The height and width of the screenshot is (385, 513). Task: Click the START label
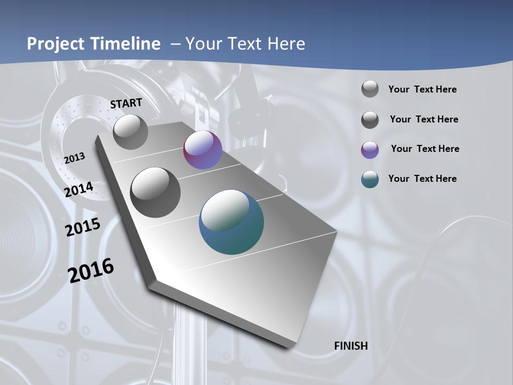coord(126,103)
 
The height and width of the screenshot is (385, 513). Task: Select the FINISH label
coord(351,346)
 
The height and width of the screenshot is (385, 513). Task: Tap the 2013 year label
coord(74,158)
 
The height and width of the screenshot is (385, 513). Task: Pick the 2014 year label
coord(79,189)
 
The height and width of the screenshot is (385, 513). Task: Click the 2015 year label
coord(83,227)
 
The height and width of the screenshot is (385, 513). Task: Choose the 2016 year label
coord(91,271)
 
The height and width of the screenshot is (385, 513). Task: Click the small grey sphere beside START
coord(130,132)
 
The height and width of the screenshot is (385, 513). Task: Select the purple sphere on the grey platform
coord(203,150)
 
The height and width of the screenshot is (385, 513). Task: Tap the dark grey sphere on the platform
coord(156,192)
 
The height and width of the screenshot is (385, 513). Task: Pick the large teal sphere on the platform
coord(231,222)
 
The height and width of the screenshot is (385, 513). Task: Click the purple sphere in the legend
coord(370,150)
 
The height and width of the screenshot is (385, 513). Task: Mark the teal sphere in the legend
coord(370,179)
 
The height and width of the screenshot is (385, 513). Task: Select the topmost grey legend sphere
coord(370,89)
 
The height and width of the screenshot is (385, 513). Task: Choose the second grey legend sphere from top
coord(370,120)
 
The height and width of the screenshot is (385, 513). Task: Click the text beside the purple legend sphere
coord(425,149)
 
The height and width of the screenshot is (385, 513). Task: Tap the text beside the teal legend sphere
coord(422,179)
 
